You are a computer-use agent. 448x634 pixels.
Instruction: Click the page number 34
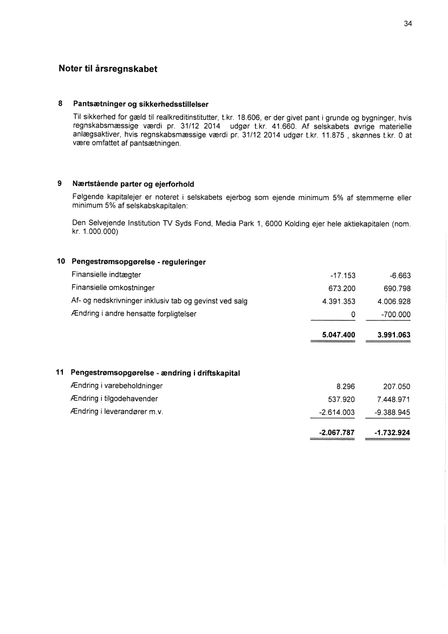(x=408, y=23)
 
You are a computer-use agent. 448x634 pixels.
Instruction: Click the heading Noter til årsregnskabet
(x=108, y=69)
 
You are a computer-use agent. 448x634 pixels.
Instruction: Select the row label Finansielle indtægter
(x=106, y=275)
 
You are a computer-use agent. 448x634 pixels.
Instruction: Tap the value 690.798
(x=396, y=288)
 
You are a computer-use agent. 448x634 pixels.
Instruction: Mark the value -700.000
(x=396, y=314)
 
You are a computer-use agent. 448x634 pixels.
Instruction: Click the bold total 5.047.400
(x=339, y=335)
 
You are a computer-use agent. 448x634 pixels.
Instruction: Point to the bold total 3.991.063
(x=394, y=335)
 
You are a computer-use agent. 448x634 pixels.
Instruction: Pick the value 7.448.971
(x=394, y=400)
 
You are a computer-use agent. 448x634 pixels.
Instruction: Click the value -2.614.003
(x=337, y=412)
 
